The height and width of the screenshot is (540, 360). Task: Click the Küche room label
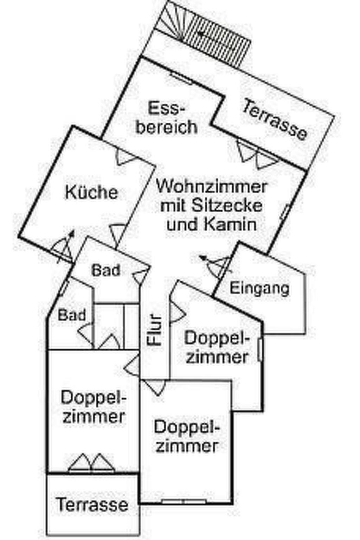91,193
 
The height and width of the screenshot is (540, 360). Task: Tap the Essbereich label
167,118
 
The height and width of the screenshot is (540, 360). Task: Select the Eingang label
259,288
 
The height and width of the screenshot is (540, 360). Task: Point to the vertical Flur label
155,329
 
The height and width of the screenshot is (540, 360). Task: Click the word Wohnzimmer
212,186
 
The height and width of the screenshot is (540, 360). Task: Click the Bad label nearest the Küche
106,270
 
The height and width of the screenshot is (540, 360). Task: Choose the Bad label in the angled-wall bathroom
71,315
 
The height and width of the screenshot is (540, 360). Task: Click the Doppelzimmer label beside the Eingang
217,347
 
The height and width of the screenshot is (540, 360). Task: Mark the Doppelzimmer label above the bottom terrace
94,407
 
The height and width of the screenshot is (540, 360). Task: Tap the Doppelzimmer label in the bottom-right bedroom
187,437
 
